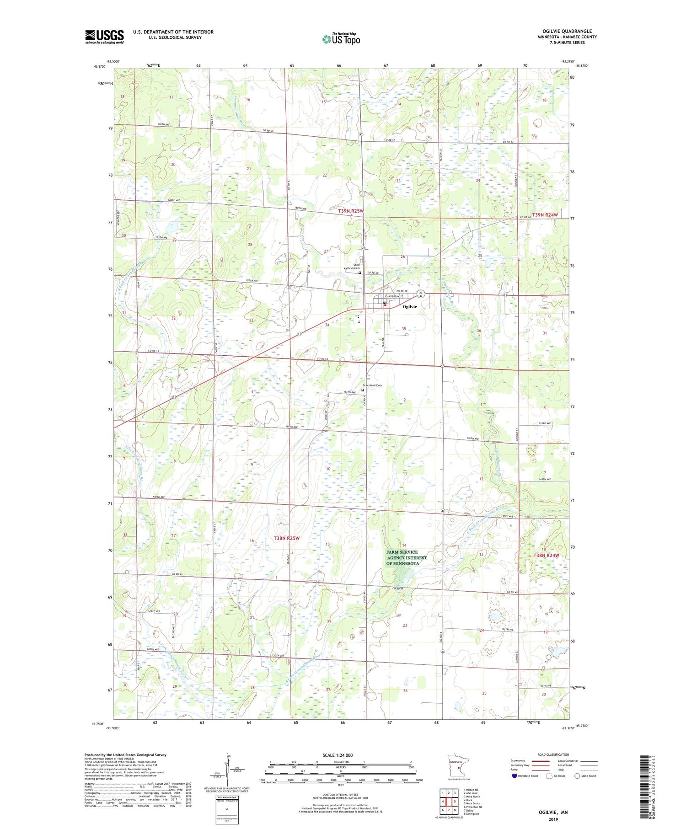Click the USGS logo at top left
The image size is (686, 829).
[x=104, y=37]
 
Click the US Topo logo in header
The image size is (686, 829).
[x=341, y=39]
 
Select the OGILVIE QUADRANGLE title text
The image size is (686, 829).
[x=567, y=31]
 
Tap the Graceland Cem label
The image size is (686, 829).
[x=372, y=385]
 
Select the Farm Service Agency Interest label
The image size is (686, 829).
[x=406, y=558]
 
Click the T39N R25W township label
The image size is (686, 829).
[x=351, y=211]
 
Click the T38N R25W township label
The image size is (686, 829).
[x=286, y=538]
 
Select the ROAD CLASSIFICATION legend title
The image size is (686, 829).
[x=553, y=754]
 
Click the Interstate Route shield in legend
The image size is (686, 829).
[x=514, y=776]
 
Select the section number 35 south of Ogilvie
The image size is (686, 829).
[x=404, y=329]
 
